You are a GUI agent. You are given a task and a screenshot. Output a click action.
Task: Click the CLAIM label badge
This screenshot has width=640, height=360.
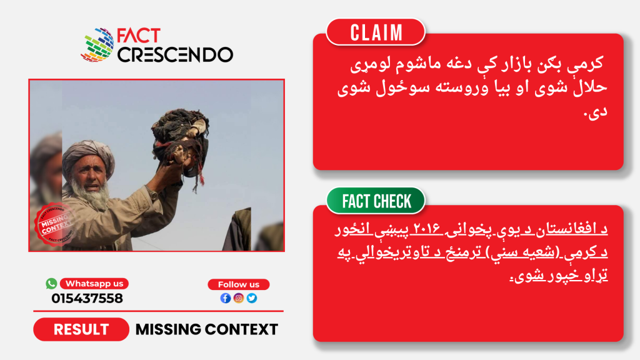pyautogui.click(x=376, y=32)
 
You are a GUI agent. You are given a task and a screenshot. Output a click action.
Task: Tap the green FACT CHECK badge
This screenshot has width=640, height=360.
pyautogui.click(x=376, y=201)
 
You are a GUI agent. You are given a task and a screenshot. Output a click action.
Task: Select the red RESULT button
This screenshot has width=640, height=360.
pyautogui.click(x=81, y=329)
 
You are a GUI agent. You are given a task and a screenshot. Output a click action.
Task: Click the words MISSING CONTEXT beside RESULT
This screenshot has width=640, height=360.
pyautogui.click(x=206, y=329)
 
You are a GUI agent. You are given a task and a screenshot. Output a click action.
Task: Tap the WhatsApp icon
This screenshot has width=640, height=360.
pyautogui.click(x=51, y=283)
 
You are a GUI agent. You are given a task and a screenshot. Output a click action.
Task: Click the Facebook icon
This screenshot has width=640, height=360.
pyautogui.click(x=225, y=298)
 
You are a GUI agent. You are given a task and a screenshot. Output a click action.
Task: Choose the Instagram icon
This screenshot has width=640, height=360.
pyautogui.click(x=239, y=298)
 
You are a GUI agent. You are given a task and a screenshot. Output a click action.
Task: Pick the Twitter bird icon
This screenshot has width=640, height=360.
pyautogui.click(x=252, y=298)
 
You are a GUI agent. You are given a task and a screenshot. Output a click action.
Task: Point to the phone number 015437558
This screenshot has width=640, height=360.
pyautogui.click(x=87, y=298)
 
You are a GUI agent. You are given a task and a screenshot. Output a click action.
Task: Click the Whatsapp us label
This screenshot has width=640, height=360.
pyautogui.click(x=94, y=283)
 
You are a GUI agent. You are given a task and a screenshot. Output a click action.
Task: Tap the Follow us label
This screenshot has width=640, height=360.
pyautogui.click(x=238, y=284)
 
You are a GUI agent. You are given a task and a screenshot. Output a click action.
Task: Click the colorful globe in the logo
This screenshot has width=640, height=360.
pyautogui.click(x=98, y=45)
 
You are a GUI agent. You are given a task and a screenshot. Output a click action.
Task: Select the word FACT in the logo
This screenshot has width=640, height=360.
pyautogui.click(x=138, y=36)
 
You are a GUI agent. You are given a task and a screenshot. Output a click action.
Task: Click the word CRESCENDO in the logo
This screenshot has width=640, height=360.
pyautogui.click(x=175, y=55)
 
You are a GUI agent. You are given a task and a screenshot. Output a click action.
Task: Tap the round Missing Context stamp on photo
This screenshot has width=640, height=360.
pyautogui.click(x=55, y=224)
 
